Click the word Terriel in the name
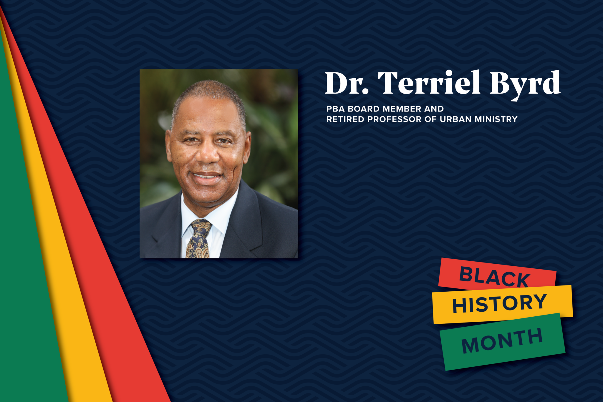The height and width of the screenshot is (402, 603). (429, 83)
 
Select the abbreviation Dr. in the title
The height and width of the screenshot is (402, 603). (347, 83)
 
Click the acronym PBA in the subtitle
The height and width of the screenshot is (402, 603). (336, 109)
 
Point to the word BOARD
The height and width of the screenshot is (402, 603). (364, 109)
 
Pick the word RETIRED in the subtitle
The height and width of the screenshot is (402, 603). (345, 119)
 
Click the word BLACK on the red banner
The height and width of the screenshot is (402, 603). (495, 277)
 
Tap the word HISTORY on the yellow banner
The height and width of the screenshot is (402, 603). (500, 303)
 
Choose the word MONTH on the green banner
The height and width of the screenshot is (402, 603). (502, 340)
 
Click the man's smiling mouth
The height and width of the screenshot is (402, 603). (207, 177)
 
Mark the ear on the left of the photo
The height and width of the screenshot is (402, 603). (169, 147)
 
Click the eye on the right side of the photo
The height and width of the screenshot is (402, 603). (224, 141)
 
